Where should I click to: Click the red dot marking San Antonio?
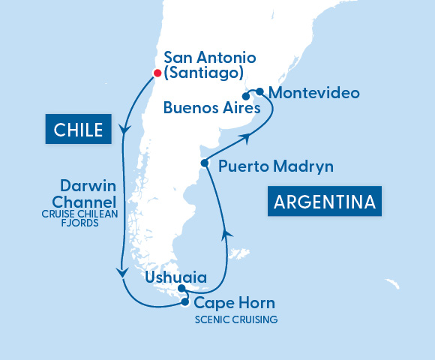[157, 73]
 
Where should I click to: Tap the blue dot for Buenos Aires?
[246, 96]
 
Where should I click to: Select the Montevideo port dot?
[259, 91]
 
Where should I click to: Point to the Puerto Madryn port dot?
[203, 163]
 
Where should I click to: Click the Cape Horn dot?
[184, 302]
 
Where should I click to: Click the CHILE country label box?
[78, 130]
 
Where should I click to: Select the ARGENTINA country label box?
[324, 202]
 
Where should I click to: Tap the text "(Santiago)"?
[203, 73]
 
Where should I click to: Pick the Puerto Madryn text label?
[275, 166]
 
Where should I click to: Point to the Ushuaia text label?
[173, 277]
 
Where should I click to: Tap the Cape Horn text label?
[234, 304]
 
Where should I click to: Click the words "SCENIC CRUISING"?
[235, 319]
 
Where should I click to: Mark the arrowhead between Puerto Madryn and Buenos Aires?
[244, 137]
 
